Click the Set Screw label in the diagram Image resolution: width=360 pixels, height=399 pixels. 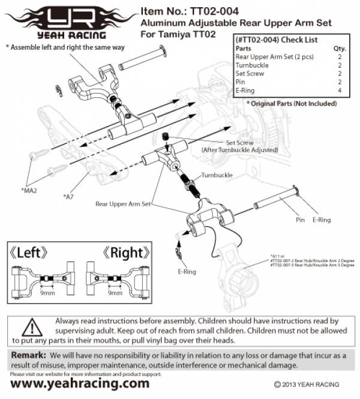pyautogui.click(x=239, y=143)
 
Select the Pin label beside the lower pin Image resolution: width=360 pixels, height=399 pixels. pyautogui.click(x=301, y=220)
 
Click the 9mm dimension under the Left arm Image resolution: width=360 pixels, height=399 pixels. pyautogui.click(x=46, y=293)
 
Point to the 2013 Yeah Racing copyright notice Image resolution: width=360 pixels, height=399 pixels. pyautogui.click(x=306, y=384)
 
